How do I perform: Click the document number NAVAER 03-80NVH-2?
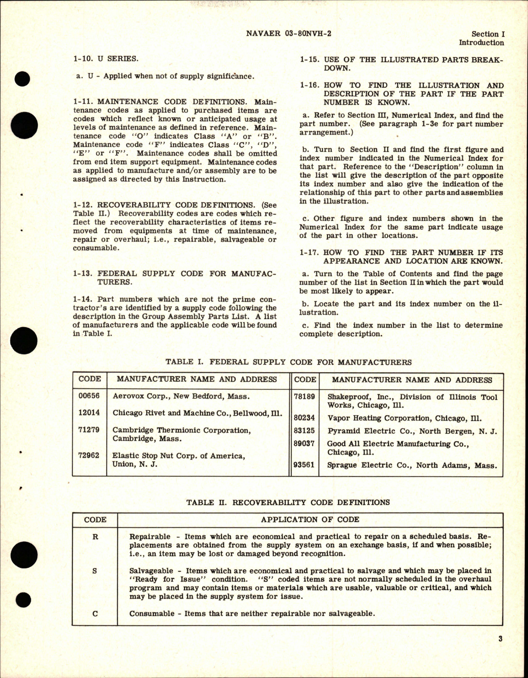coord(288,34)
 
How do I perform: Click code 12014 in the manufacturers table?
coord(89,412)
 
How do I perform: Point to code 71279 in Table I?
coord(89,430)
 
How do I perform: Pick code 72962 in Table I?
coord(89,455)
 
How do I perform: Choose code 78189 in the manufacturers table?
coord(305,397)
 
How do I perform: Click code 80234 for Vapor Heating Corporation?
coord(305,418)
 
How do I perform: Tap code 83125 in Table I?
coord(305,431)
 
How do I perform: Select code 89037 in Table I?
coord(305,444)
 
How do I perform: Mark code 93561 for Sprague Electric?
coord(305,465)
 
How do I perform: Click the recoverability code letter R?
coord(95,536)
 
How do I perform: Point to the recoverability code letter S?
coord(95,570)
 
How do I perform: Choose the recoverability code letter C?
coord(95,614)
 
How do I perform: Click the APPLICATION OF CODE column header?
coord(310,520)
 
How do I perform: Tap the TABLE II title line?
coord(288,502)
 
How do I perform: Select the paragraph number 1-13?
coord(84,273)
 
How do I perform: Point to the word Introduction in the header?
coord(481,43)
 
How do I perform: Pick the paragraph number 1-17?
coord(310,252)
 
